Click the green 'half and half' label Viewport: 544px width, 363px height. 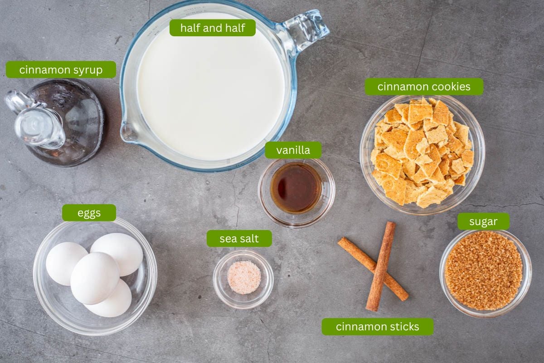pos(212,28)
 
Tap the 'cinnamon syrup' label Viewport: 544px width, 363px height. pos(61,70)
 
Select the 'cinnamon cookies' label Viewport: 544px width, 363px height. pos(424,87)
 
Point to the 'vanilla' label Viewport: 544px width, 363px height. pos(293,150)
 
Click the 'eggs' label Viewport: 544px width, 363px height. pos(89,213)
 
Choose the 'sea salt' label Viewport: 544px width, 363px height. pos(239,239)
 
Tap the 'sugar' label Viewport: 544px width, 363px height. pos(483,221)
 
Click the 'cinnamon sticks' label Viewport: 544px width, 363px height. pos(377,327)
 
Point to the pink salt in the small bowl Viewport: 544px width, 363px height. pos(244,277)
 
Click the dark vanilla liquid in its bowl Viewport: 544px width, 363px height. pos(296,187)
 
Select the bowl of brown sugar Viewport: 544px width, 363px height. pos(484,271)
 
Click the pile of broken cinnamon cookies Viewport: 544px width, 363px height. pos(422,152)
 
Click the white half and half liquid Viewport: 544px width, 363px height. pos(211,91)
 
